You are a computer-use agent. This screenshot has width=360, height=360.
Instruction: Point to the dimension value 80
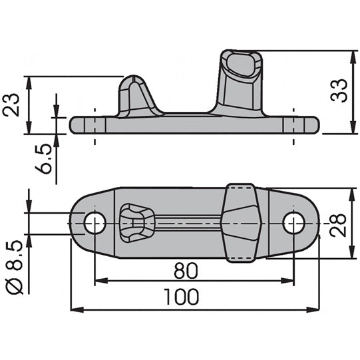coord(188,271)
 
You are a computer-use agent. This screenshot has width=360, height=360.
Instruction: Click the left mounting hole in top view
coord(94,223)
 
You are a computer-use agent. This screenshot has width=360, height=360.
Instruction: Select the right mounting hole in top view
coord(293,223)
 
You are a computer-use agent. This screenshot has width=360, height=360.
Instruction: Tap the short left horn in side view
coord(136,96)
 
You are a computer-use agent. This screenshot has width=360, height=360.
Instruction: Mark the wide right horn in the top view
coord(240,223)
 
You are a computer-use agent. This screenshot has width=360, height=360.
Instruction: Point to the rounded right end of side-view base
coord(314,124)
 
